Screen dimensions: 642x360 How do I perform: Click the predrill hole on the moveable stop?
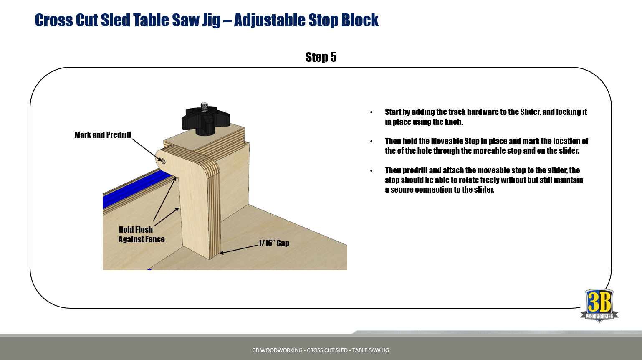163,161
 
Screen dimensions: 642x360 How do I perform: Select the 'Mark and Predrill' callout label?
103,135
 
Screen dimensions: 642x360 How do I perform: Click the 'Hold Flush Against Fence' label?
142,234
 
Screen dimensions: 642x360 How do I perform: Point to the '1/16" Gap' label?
274,243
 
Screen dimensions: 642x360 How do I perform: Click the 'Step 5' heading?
321,57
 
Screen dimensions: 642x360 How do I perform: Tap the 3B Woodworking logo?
599,305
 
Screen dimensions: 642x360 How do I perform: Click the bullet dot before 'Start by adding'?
372,112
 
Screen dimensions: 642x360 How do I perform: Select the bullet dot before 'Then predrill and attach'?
372,171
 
